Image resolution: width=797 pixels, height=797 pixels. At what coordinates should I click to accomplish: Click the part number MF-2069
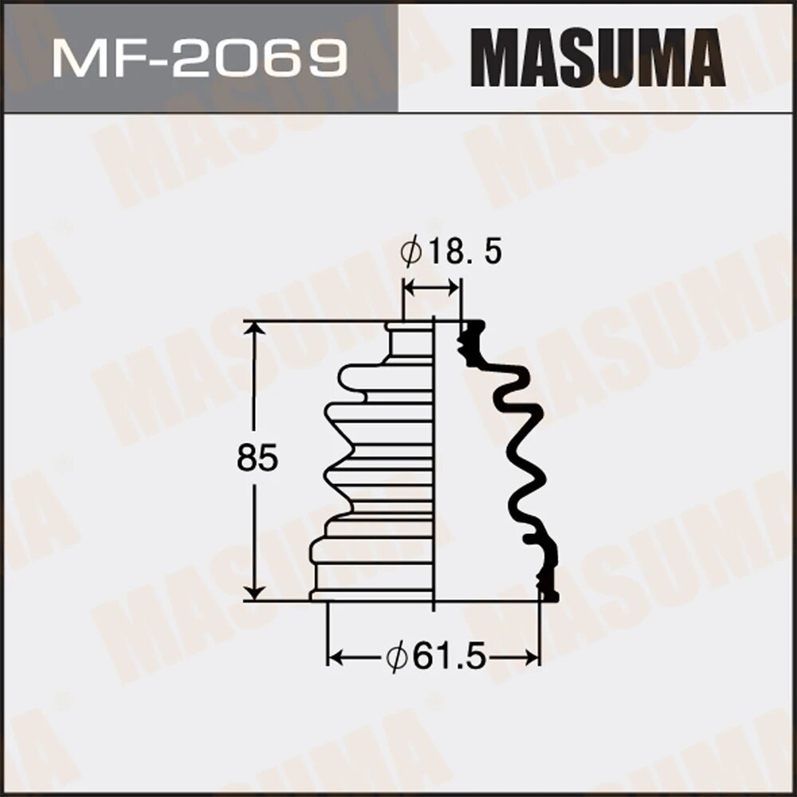tap(198, 57)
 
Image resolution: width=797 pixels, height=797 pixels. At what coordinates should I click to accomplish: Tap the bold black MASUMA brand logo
tap(597, 57)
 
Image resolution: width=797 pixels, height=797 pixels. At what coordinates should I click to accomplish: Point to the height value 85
tap(257, 459)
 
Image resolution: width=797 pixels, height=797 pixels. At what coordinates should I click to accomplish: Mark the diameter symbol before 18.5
tap(411, 253)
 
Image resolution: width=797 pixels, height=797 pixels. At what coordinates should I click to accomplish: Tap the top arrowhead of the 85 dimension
tap(254, 329)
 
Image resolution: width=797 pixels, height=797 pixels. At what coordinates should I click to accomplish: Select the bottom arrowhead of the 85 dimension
tap(254, 592)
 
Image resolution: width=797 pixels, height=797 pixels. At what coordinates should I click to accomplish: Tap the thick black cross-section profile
tap(522, 462)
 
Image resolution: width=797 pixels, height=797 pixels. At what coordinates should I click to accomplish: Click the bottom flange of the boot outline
tap(371, 595)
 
